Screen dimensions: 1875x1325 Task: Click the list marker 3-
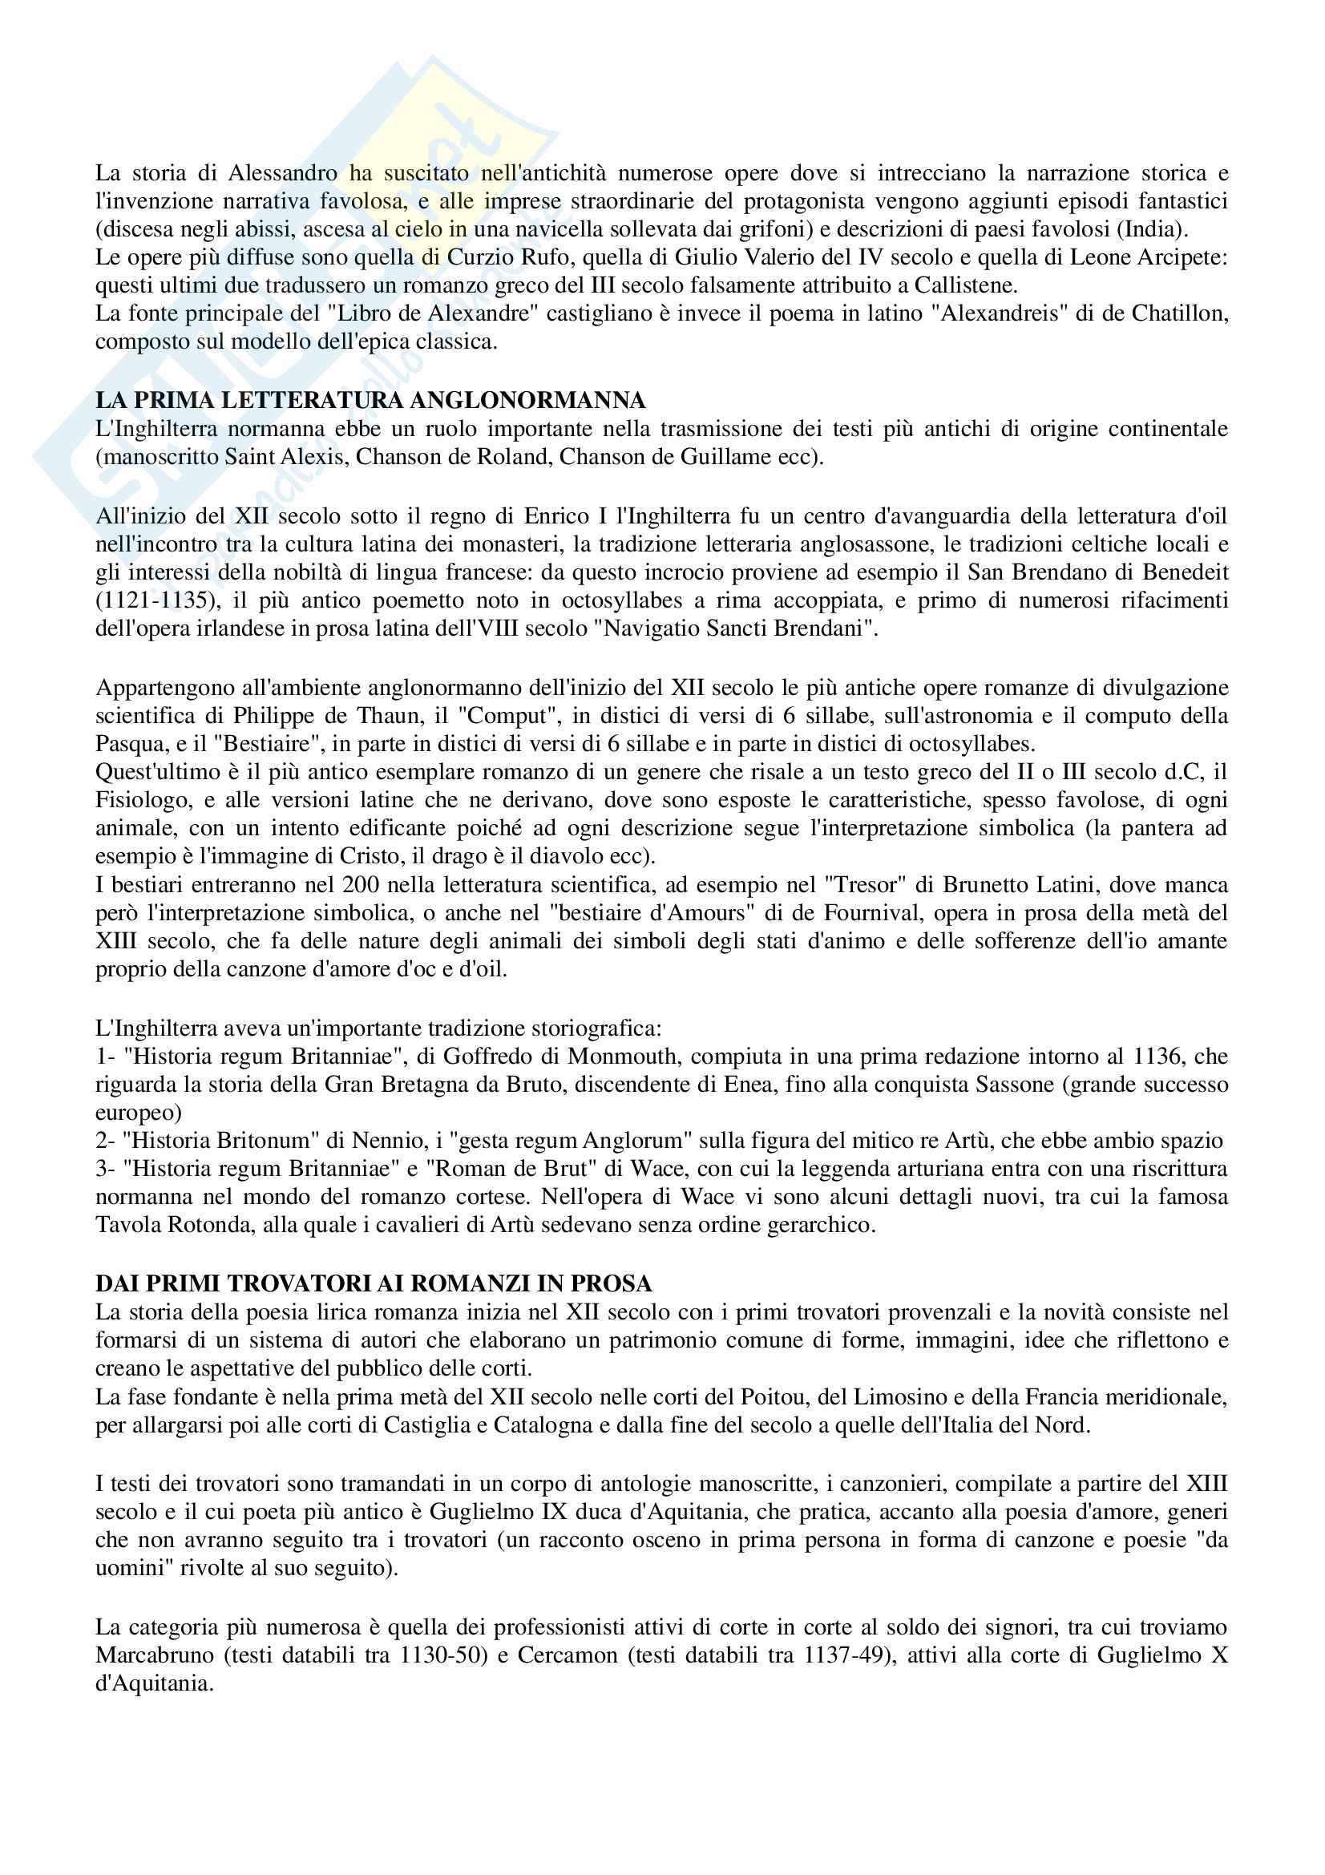[106, 1169]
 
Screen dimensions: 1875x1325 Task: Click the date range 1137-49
[845, 1655]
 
